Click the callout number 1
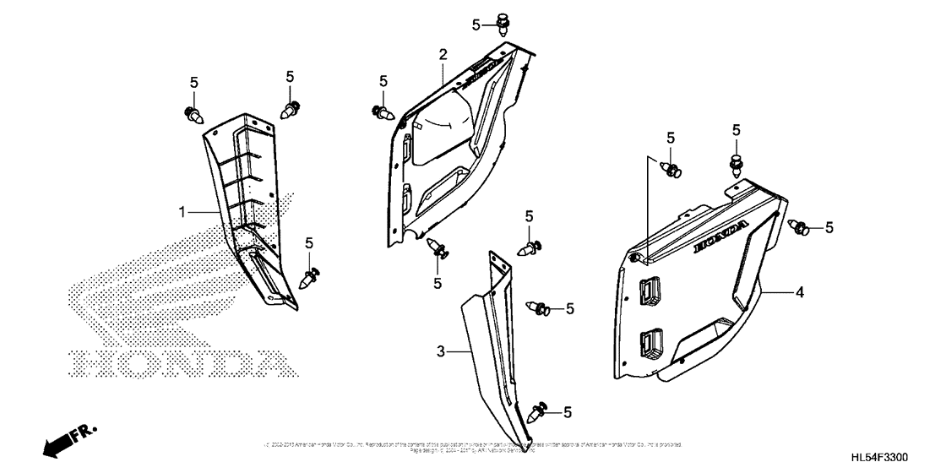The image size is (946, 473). [x=181, y=213]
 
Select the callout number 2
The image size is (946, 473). [x=442, y=56]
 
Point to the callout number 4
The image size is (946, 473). [x=798, y=292]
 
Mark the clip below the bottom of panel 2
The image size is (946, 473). [x=438, y=249]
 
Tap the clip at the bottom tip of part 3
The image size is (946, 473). [x=536, y=413]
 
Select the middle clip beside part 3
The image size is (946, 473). [x=541, y=309]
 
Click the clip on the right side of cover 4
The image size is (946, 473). [x=800, y=226]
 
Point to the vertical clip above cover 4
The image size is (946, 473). [x=737, y=164]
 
